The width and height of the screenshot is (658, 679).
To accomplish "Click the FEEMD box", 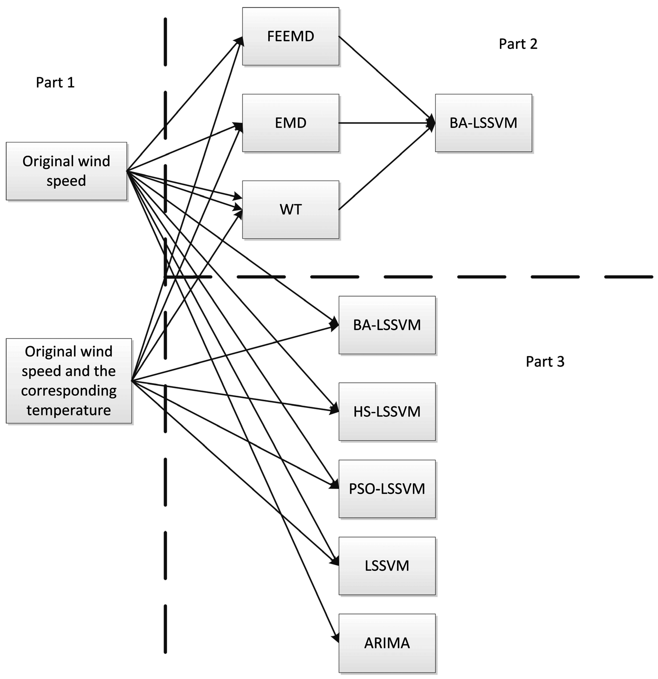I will click(x=290, y=36).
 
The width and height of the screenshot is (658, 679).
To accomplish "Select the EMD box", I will click(x=290, y=123).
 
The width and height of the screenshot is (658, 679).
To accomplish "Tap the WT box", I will click(x=290, y=210).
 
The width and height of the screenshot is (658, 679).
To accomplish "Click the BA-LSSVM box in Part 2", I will click(x=483, y=123).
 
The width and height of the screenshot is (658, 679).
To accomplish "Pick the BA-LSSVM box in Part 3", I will click(x=387, y=325).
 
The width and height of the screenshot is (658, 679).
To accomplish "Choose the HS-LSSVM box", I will click(x=387, y=412).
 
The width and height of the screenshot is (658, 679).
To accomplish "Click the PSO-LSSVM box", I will click(x=387, y=489).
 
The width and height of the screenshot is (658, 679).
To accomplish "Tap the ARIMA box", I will click(x=387, y=643).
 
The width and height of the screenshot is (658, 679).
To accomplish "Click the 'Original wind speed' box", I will click(x=66, y=171).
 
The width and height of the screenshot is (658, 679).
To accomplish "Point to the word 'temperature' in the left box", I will click(x=69, y=410).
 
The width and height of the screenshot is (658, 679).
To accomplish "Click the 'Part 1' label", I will click(x=55, y=82).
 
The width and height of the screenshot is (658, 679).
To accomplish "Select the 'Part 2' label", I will click(x=518, y=44).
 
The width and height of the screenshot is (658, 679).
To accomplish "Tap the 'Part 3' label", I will click(x=545, y=361).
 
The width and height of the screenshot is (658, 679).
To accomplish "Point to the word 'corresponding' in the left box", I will click(x=69, y=391).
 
